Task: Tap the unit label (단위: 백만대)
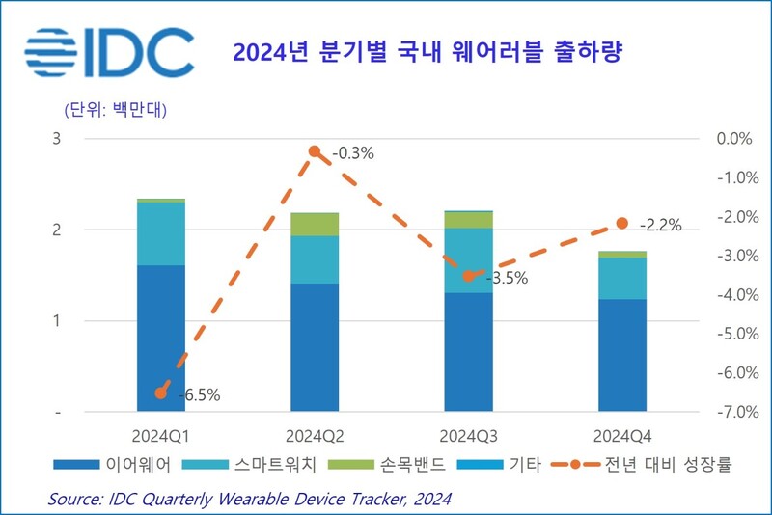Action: coord(115,109)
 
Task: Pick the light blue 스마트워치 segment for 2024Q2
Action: coord(315,259)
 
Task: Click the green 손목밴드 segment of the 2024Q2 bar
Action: coord(315,224)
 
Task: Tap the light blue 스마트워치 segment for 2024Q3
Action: coord(468,260)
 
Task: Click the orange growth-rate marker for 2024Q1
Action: coord(161,393)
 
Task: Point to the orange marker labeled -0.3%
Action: coord(315,151)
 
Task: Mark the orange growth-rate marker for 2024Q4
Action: coord(621,224)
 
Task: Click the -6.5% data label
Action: coord(199,394)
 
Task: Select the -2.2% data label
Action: coord(660,226)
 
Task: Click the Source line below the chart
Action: coord(250,499)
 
